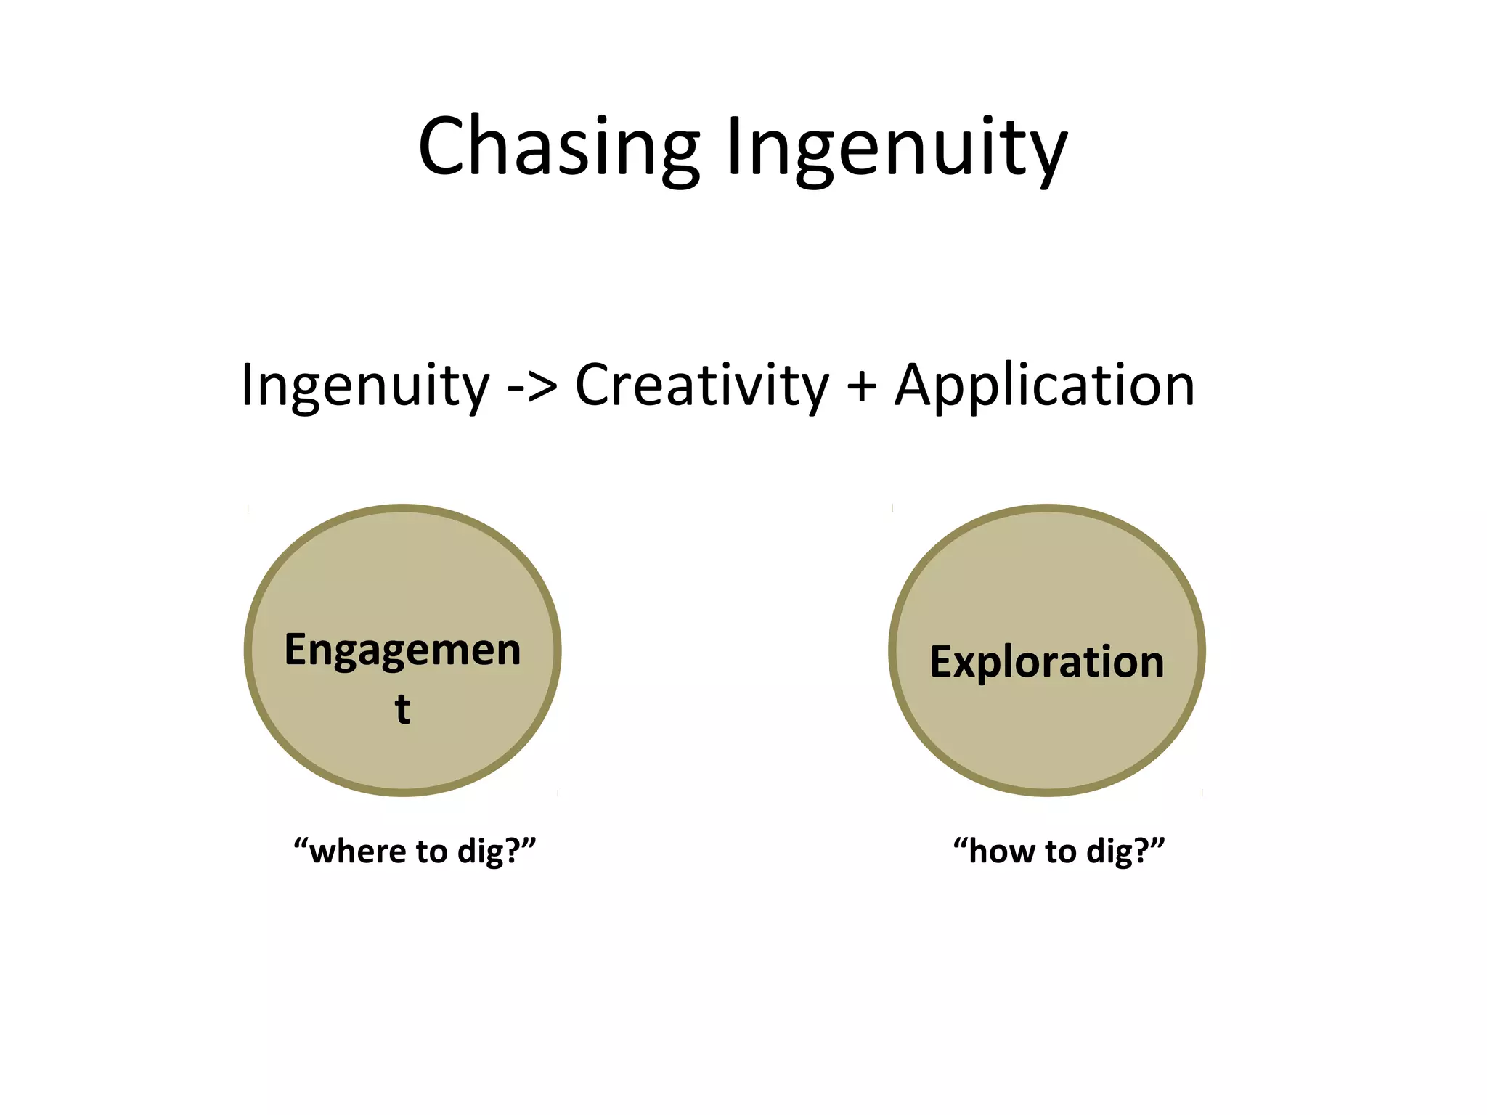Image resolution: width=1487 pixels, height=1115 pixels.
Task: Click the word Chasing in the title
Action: [x=559, y=147]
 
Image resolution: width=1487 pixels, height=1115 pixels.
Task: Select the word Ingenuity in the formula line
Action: [x=365, y=385]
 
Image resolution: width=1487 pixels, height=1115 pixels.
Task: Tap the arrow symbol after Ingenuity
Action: [x=532, y=387]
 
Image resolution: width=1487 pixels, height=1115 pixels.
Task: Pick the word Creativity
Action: [x=701, y=385]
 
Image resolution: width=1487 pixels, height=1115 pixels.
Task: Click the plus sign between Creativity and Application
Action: [x=861, y=387]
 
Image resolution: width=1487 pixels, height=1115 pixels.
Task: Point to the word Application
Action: [x=1044, y=385]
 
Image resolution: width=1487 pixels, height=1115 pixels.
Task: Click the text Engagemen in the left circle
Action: [x=402, y=650]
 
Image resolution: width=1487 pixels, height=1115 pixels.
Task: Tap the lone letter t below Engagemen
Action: [x=402, y=709]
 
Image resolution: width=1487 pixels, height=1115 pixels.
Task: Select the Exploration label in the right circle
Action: [x=1046, y=662]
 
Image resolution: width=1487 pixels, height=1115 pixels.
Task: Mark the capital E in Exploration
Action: [x=942, y=662]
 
